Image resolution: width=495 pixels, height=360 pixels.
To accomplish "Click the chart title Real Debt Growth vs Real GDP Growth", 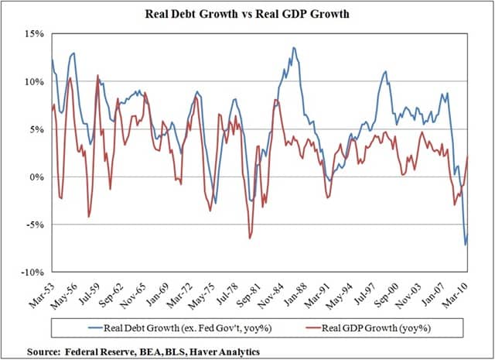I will pos(247,14).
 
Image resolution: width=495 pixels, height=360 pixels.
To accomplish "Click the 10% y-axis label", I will pos(34,81).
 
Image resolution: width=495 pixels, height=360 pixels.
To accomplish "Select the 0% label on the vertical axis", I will pos(37,177).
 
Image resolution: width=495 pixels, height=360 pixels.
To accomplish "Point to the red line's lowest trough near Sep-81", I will pos(250,238).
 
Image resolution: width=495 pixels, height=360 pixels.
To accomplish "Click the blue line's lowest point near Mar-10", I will pos(466,245).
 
